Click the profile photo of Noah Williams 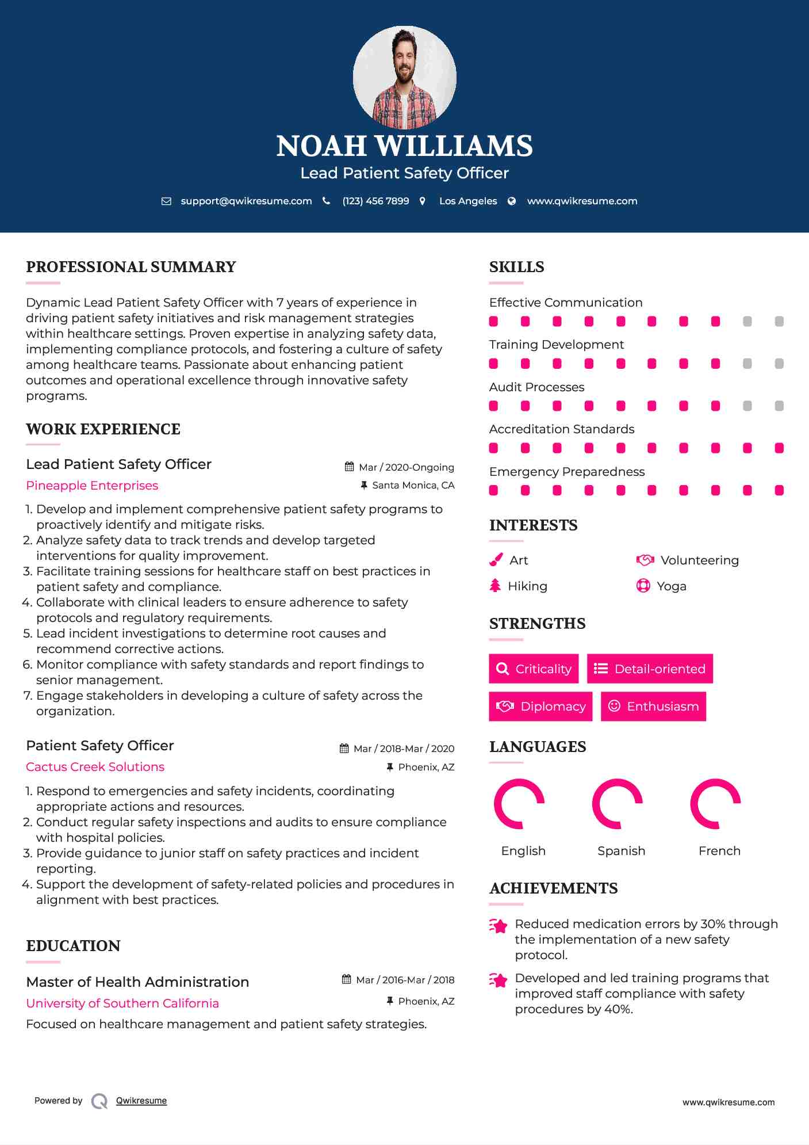(x=404, y=77)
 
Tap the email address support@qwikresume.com (x=246, y=201)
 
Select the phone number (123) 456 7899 (x=375, y=201)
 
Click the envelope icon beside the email (x=166, y=201)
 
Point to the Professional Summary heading (x=131, y=267)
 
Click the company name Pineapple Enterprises (x=92, y=486)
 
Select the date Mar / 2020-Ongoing (x=406, y=467)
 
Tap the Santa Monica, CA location (x=413, y=485)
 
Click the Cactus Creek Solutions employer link (x=95, y=767)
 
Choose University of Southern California (x=122, y=1003)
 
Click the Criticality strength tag (x=534, y=669)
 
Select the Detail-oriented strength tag (x=650, y=669)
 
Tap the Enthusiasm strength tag (x=653, y=706)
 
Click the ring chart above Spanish (x=617, y=804)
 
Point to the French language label (x=719, y=851)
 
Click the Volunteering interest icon (x=645, y=560)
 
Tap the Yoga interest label (x=672, y=586)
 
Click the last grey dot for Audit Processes (x=779, y=406)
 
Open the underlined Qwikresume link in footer (x=141, y=1101)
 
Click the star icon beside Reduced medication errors (x=499, y=926)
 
